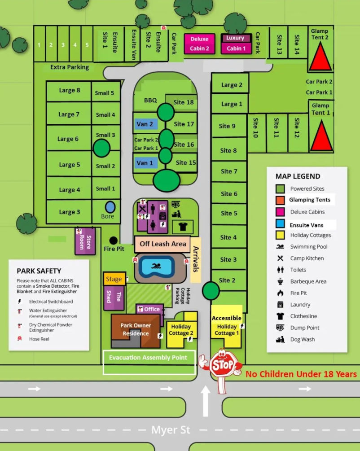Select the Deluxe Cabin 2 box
point(199,44)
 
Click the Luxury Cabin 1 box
point(236,44)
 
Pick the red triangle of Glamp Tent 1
point(321,136)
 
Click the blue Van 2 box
point(145,124)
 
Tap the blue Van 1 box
point(145,163)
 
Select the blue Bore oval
point(110,207)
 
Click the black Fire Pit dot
point(114,240)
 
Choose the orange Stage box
point(114,279)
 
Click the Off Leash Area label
point(162,244)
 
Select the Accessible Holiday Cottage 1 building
point(226,325)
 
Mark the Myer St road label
point(171,430)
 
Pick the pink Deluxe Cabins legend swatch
point(280,212)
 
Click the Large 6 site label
point(68,139)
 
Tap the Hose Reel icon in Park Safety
point(20,339)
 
